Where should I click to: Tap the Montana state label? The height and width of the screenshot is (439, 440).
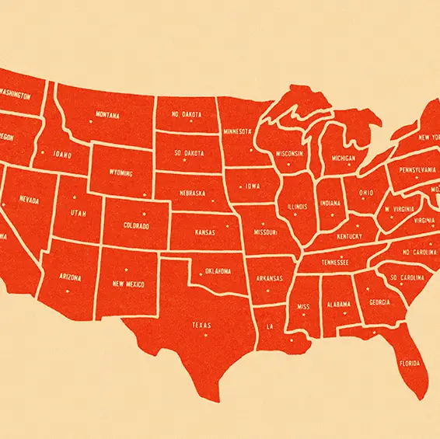click(x=107, y=115)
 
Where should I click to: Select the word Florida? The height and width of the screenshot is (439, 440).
click(x=409, y=364)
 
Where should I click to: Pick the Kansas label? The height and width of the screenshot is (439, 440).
click(x=205, y=232)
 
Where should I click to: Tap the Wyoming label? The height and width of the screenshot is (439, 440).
click(x=120, y=172)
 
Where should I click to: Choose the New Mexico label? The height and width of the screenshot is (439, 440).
click(x=129, y=284)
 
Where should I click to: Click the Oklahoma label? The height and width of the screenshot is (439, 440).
click(x=218, y=271)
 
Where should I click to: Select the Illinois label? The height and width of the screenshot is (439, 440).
click(x=297, y=207)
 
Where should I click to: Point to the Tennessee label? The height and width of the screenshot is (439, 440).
click(x=336, y=263)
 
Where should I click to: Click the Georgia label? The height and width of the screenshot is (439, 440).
click(x=379, y=302)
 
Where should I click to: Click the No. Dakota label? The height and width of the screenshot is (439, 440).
click(x=187, y=113)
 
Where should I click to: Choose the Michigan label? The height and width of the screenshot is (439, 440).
click(x=343, y=158)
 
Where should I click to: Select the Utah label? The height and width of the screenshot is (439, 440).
click(x=79, y=212)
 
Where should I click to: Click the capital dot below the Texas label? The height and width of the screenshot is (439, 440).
click(x=206, y=336)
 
